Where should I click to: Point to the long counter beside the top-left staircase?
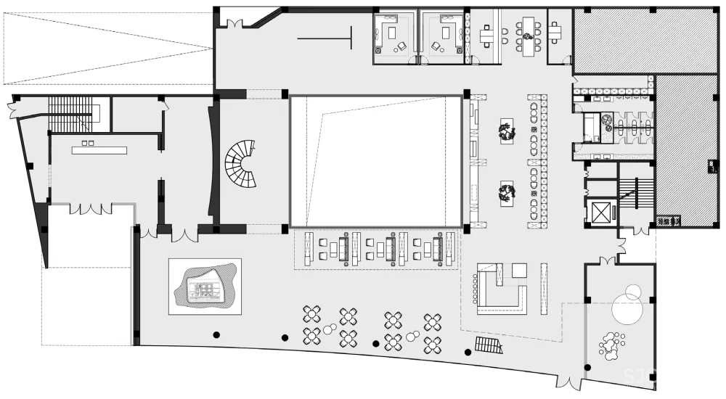[99, 150]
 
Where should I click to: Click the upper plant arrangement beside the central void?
[506, 132]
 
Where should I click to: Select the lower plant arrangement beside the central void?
[506, 192]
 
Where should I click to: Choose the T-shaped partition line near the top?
[327, 38]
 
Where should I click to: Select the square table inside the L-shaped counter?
[520, 271]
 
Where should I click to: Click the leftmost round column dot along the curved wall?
[216, 334]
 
